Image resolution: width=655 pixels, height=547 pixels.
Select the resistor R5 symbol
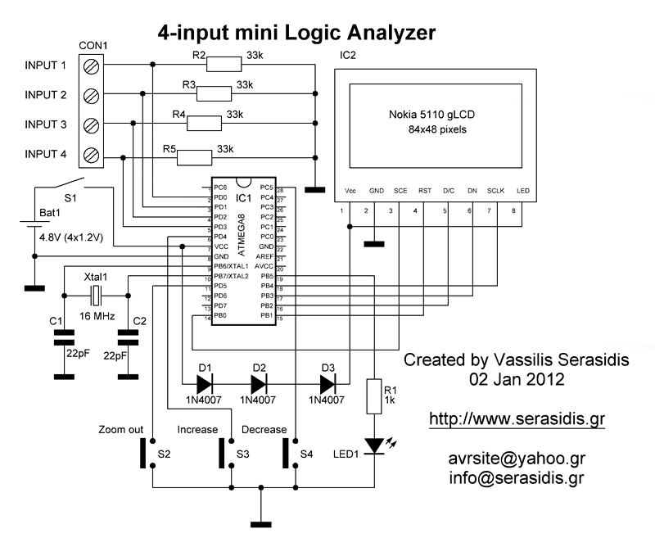[x=195, y=156]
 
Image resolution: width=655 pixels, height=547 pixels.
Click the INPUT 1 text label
[x=46, y=66]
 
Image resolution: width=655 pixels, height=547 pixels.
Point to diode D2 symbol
[x=260, y=382]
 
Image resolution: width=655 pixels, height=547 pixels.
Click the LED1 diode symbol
[x=375, y=445]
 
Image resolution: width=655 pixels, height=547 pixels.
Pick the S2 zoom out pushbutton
[x=152, y=453]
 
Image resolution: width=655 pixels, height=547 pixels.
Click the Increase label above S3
[x=197, y=429]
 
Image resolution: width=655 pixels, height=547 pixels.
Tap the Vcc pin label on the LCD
[x=351, y=190]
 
